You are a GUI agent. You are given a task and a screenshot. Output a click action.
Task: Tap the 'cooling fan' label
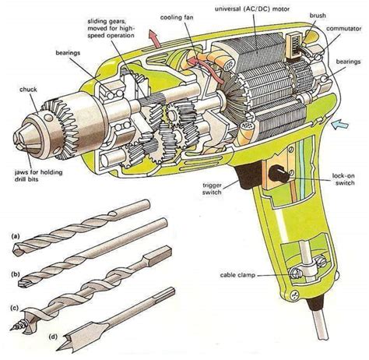tap(178, 16)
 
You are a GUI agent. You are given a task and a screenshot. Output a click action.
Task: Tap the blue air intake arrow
tap(339, 123)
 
